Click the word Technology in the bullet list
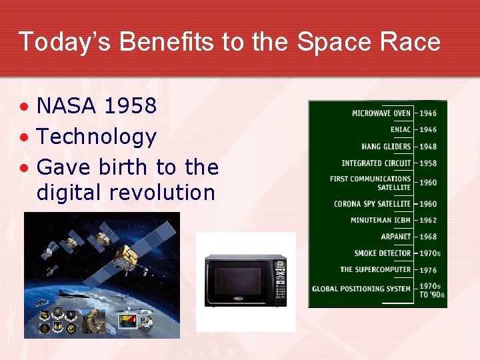(96, 137)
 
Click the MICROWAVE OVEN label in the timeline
(381, 113)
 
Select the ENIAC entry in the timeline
(400, 129)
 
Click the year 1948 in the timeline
(428, 147)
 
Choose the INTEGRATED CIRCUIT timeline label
(376, 163)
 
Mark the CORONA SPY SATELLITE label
(372, 204)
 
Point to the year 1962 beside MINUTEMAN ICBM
(428, 221)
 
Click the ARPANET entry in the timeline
(395, 237)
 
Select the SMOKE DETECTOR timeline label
(383, 253)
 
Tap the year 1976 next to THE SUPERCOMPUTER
(428, 271)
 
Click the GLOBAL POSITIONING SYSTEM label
(361, 289)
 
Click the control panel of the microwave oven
(280, 281)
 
